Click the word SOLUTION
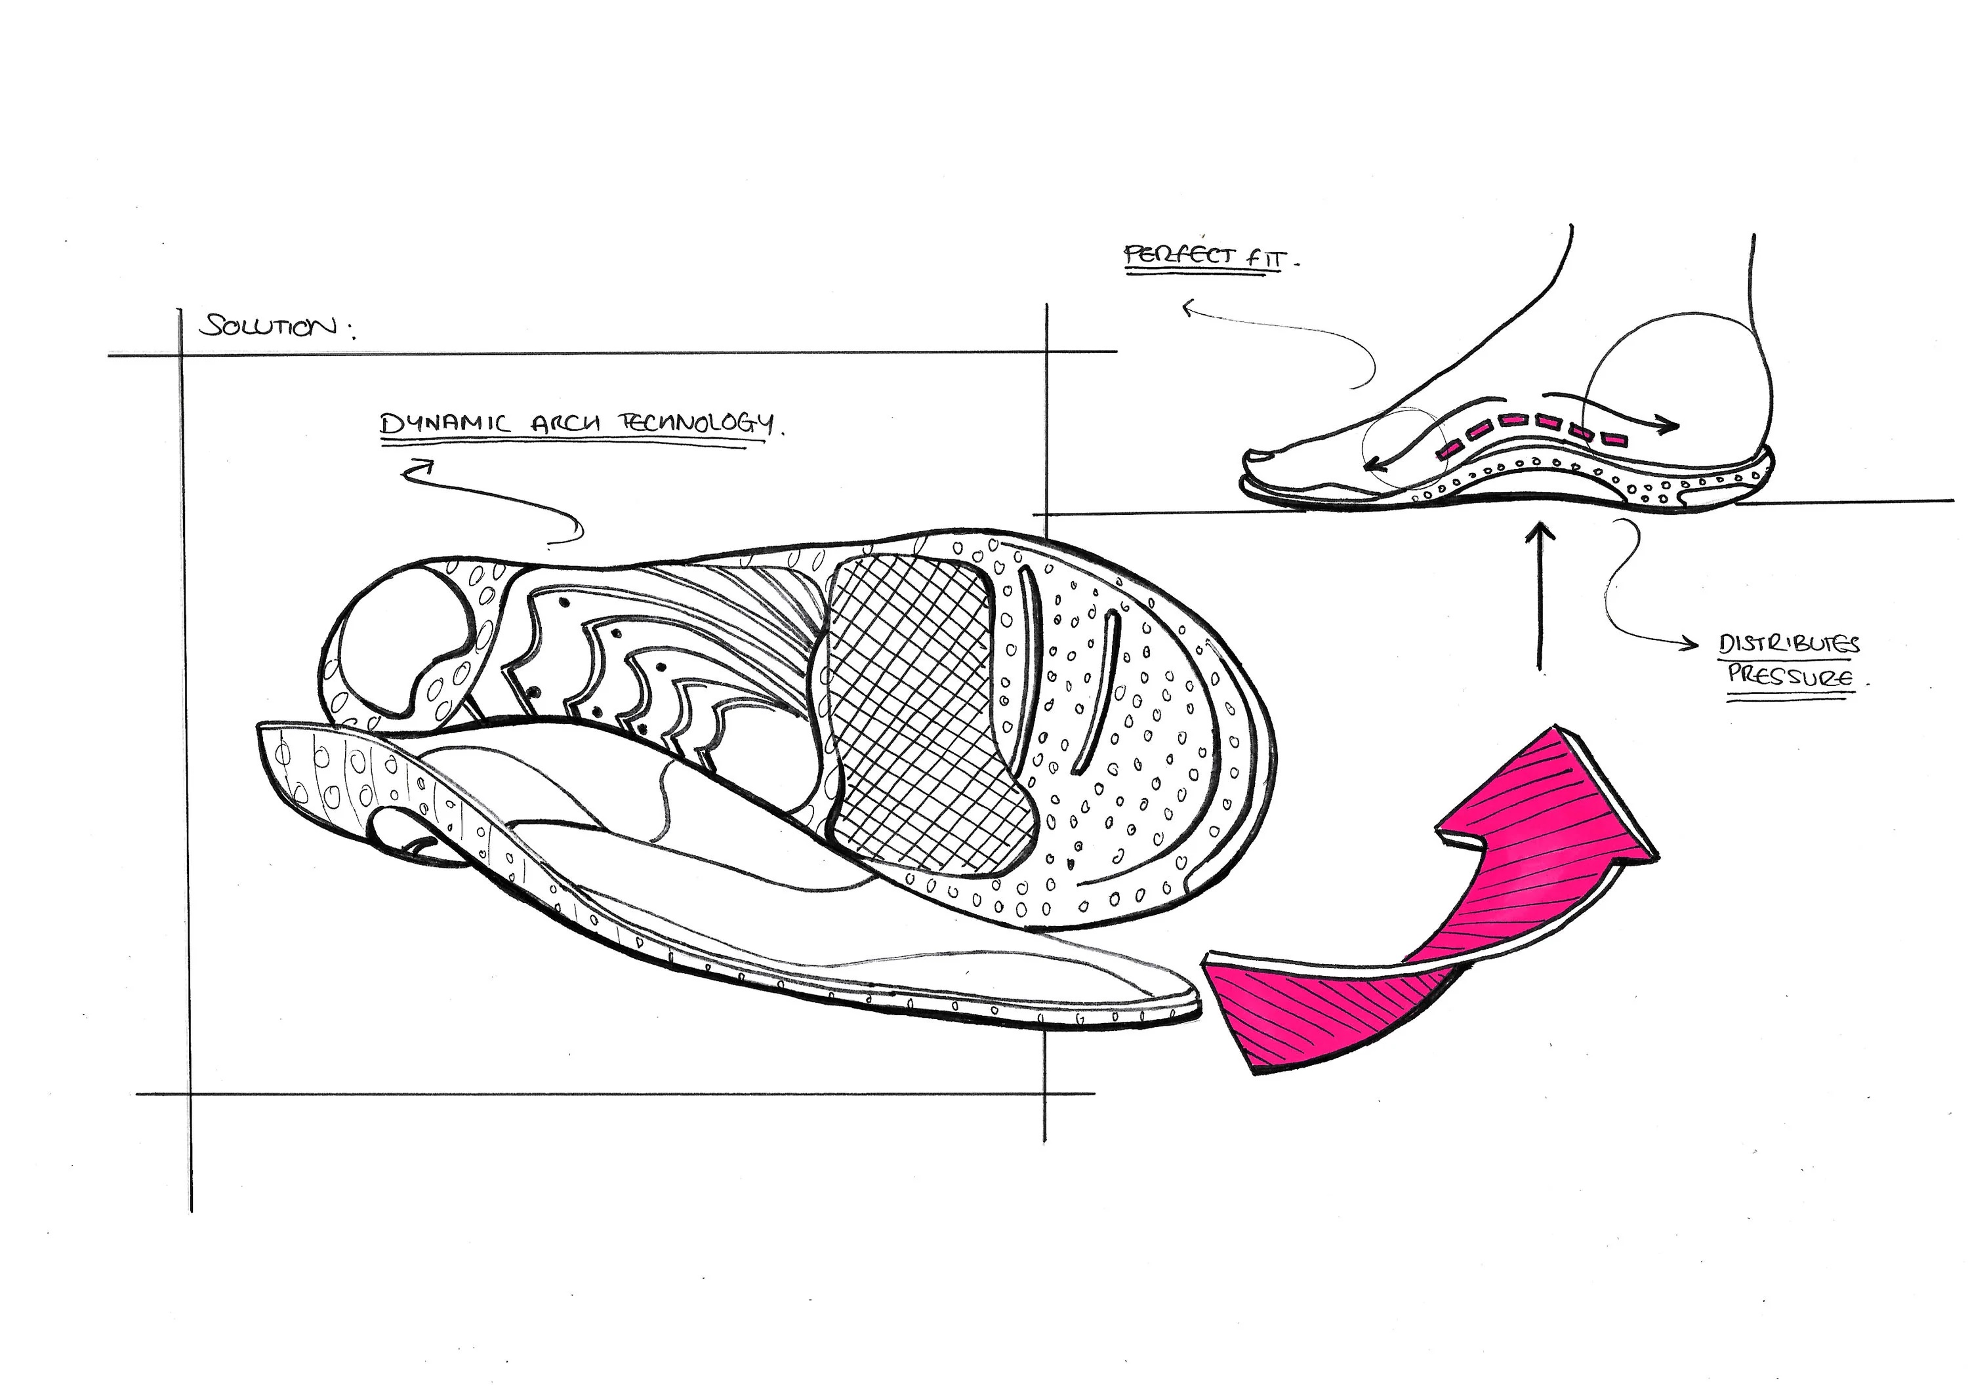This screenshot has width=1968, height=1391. click(x=268, y=327)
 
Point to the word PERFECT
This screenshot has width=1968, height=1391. click(x=1180, y=254)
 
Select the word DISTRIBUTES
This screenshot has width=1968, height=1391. click(x=1790, y=645)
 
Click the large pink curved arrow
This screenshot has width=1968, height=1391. click(x=1448, y=908)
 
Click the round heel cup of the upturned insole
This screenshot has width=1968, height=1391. click(x=403, y=634)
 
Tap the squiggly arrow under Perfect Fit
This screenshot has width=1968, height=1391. click(x=1286, y=334)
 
